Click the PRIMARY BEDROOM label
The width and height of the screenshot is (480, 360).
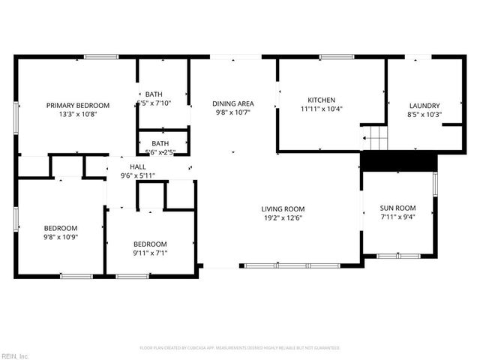point(78,105)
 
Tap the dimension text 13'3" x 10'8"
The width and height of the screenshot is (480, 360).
point(78,114)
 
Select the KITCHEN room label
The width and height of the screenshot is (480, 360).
point(322,100)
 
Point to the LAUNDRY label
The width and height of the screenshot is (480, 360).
point(424,106)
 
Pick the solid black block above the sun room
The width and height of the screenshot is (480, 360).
point(399,161)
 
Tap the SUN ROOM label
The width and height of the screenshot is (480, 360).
point(397,208)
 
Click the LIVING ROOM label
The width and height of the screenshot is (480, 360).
point(283,209)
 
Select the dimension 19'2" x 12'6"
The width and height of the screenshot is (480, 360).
point(283,218)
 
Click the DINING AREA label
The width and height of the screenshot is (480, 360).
point(233,103)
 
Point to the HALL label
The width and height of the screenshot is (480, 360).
point(138,166)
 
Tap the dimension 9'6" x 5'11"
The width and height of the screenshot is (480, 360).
point(138,175)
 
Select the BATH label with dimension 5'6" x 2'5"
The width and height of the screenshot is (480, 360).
point(160,142)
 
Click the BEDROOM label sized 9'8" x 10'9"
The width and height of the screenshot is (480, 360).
point(60,228)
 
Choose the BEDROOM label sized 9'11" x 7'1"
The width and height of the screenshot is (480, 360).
point(150,244)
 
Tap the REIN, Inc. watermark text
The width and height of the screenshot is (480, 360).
point(15,355)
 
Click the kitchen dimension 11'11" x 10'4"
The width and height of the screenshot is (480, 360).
point(322,109)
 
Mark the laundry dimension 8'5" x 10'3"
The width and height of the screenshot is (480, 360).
point(424,115)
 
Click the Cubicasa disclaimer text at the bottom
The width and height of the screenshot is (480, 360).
point(240,348)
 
